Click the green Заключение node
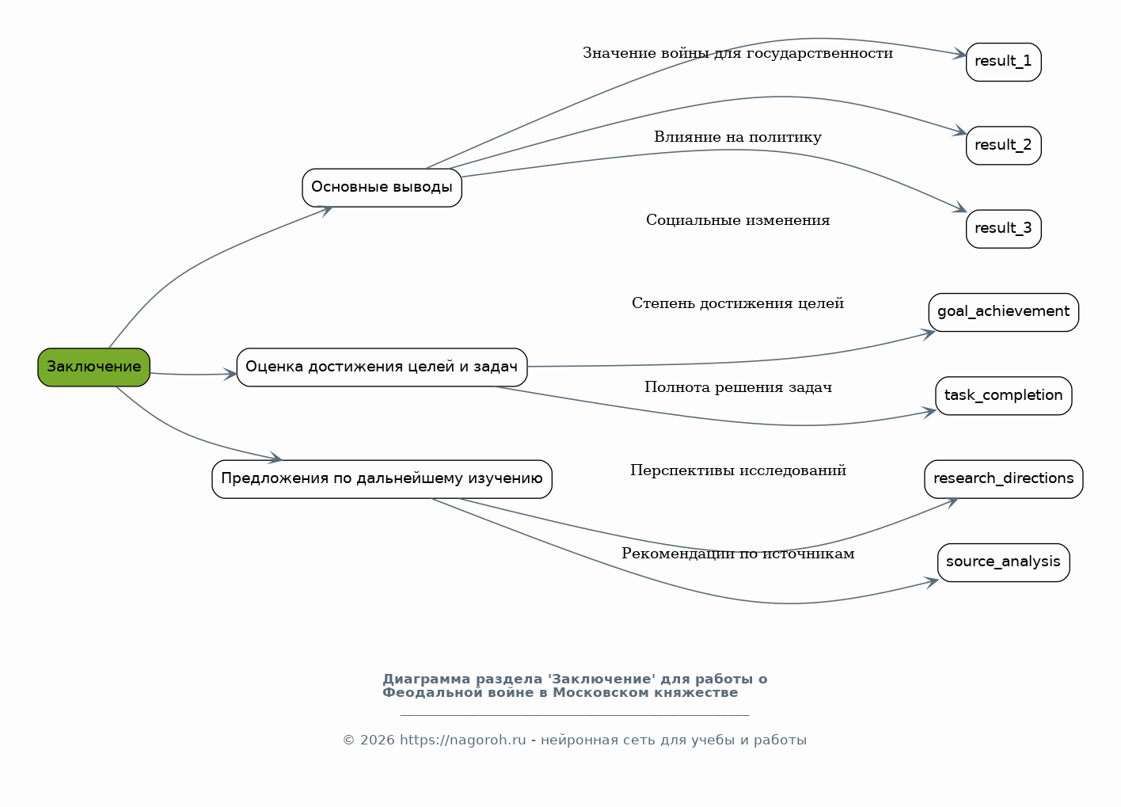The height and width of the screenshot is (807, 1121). (x=93, y=367)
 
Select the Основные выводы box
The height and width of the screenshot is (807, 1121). (x=382, y=188)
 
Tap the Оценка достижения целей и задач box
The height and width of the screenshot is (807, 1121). (x=382, y=367)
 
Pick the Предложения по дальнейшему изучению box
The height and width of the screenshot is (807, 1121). (x=382, y=479)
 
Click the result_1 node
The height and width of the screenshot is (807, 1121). (x=1003, y=62)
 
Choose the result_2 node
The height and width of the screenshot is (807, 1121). (x=1003, y=146)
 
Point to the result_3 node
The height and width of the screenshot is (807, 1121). (x=1003, y=229)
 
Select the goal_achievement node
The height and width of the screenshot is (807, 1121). (x=1003, y=312)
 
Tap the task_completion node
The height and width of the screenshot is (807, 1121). (x=1003, y=396)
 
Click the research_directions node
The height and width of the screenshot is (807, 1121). (x=1003, y=479)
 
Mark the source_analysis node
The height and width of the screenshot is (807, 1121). (x=1003, y=563)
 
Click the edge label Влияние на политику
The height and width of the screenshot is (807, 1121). (x=738, y=137)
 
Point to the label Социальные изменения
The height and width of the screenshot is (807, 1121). (x=738, y=220)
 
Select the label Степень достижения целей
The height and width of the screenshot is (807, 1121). (x=738, y=303)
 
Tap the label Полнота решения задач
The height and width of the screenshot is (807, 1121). (x=738, y=387)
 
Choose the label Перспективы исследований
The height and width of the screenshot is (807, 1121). (x=738, y=470)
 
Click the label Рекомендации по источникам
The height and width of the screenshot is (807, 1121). (x=738, y=554)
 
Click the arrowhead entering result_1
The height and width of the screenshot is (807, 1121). (x=959, y=54)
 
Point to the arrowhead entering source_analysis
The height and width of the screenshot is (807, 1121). (x=932, y=583)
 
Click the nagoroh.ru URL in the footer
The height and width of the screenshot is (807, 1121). (x=463, y=740)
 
